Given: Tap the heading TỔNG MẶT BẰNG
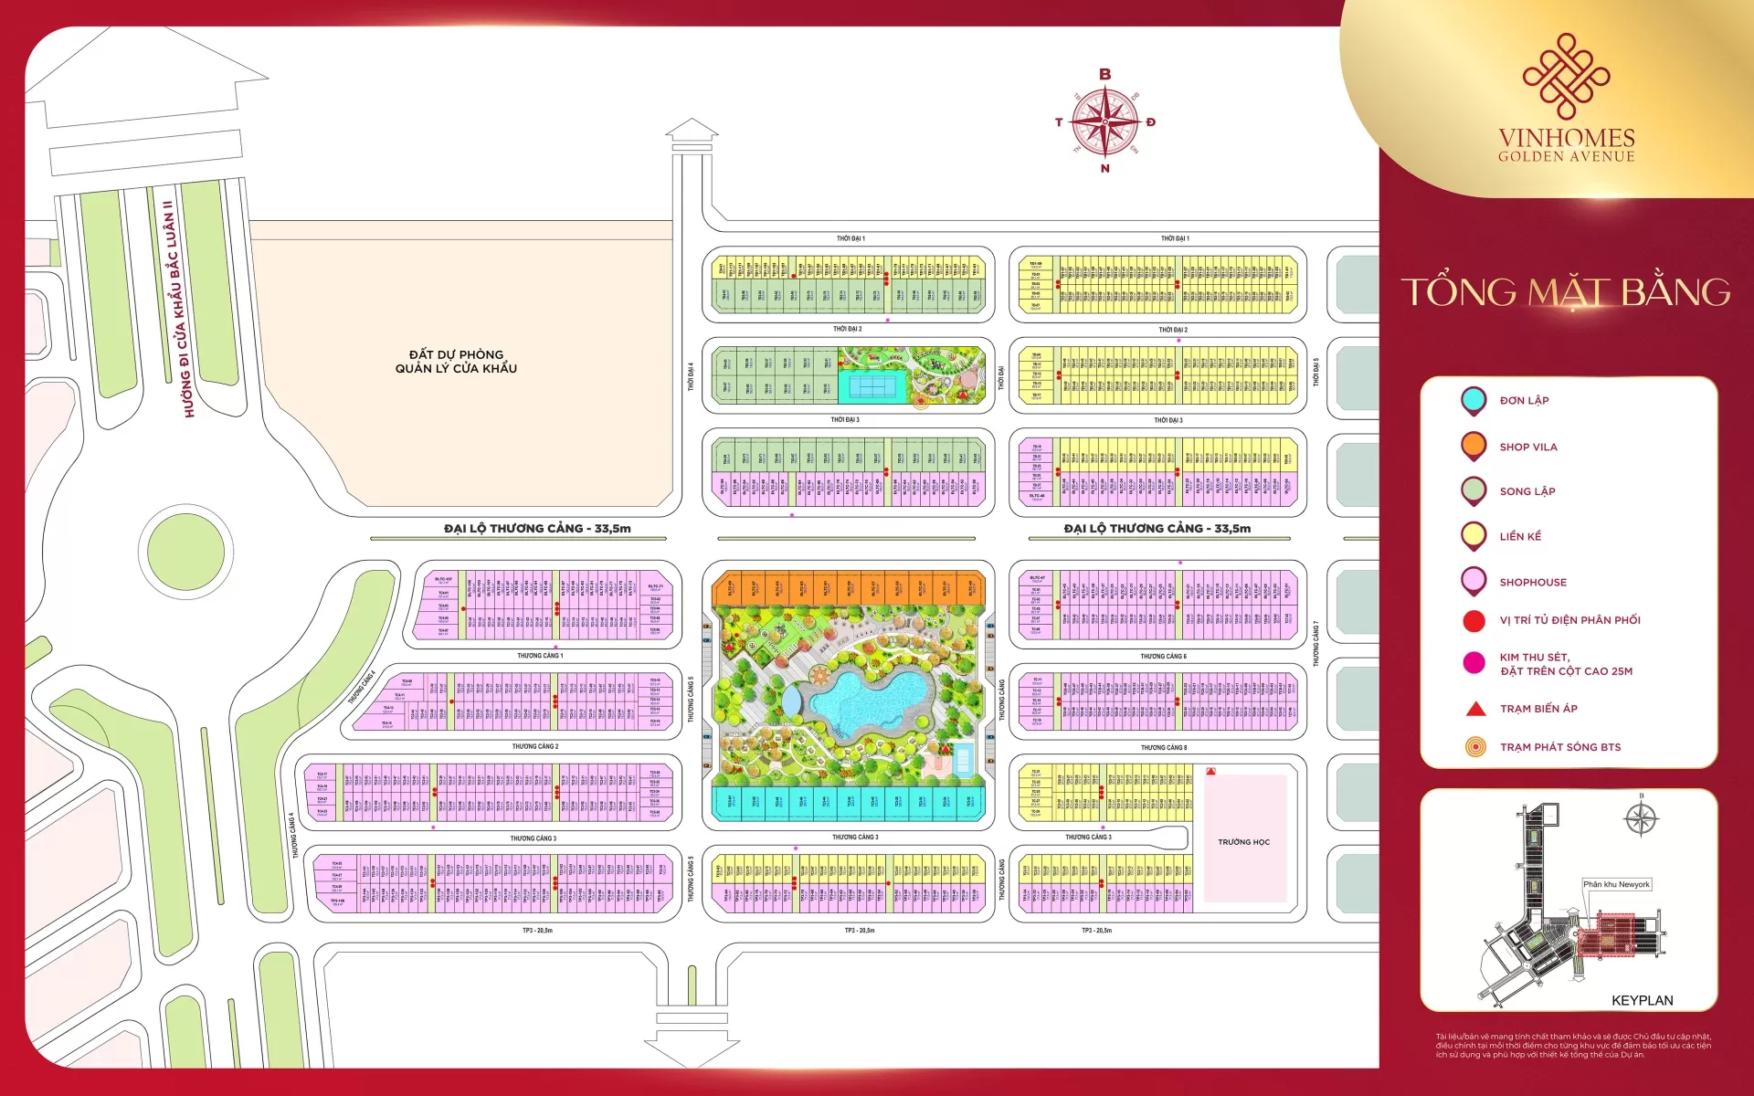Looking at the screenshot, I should click(1566, 292).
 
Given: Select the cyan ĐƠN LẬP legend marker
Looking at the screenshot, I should click(1473, 400).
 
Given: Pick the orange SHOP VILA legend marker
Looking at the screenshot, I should click(1473, 446).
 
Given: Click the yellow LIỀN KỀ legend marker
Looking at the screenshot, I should click(1473, 535).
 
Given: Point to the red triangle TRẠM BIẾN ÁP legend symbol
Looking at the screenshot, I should click(1474, 709).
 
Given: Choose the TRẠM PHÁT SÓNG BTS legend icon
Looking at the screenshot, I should click(1474, 747).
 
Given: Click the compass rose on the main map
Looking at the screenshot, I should click(1104, 121).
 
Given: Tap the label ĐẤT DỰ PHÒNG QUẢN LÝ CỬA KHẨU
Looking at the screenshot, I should click(456, 362).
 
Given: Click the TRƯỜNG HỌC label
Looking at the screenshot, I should click(1243, 842).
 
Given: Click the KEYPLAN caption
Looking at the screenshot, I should click(1642, 1000).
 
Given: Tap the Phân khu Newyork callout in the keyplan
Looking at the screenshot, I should click(1616, 884).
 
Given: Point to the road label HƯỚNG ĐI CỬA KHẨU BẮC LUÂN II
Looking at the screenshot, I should click(178, 311).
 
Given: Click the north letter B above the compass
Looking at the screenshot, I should click(1104, 75).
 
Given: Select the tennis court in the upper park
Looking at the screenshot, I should click(872, 386).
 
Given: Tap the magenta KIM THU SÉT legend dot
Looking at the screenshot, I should click(1474, 663).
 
